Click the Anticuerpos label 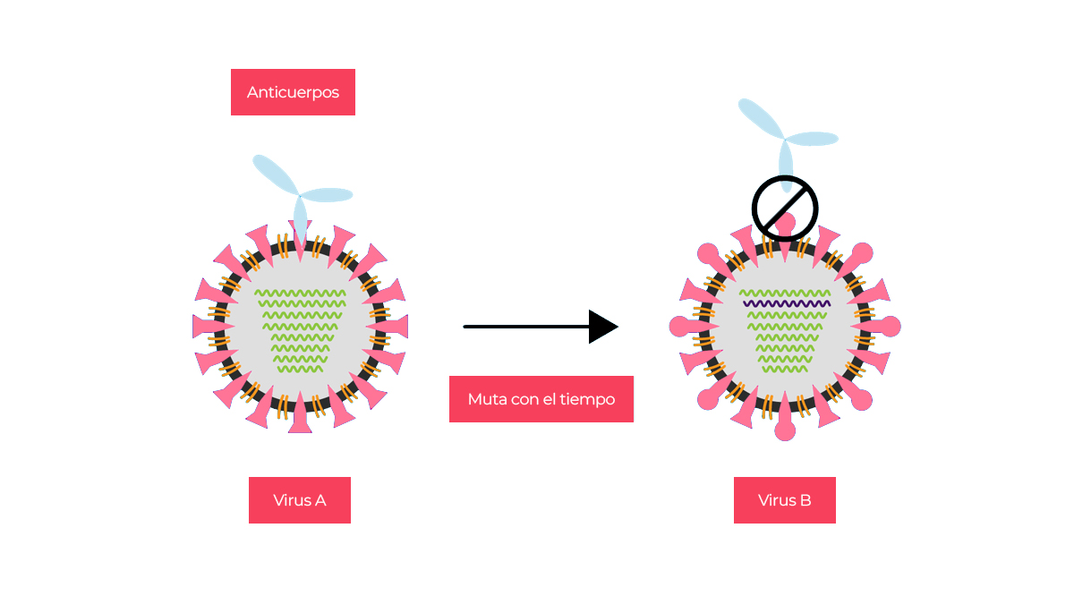click(x=293, y=92)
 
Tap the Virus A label click(x=299, y=500)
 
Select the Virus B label click(x=784, y=500)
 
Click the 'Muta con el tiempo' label click(x=541, y=399)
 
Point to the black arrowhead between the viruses click(x=602, y=327)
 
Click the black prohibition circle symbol click(x=785, y=209)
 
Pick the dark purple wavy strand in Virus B click(x=785, y=304)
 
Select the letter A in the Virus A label click(x=320, y=500)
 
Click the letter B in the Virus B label click(x=805, y=500)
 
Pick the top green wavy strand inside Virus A click(x=300, y=293)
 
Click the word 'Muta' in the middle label click(x=484, y=399)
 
